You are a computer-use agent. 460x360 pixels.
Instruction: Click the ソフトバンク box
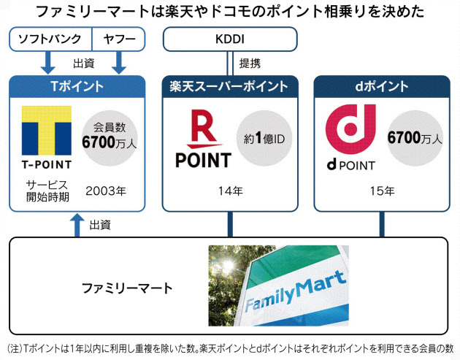pos(50,38)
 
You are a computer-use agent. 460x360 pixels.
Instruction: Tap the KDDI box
pos(229,38)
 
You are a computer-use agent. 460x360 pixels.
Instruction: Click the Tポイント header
pos(77,86)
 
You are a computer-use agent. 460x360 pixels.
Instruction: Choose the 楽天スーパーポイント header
pos(229,86)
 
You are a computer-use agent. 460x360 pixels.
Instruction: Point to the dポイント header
pos(380,86)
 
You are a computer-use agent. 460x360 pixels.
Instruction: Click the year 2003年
pos(105,191)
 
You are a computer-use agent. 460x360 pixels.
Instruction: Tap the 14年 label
pos(229,191)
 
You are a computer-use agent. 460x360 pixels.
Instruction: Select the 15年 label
pos(380,191)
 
